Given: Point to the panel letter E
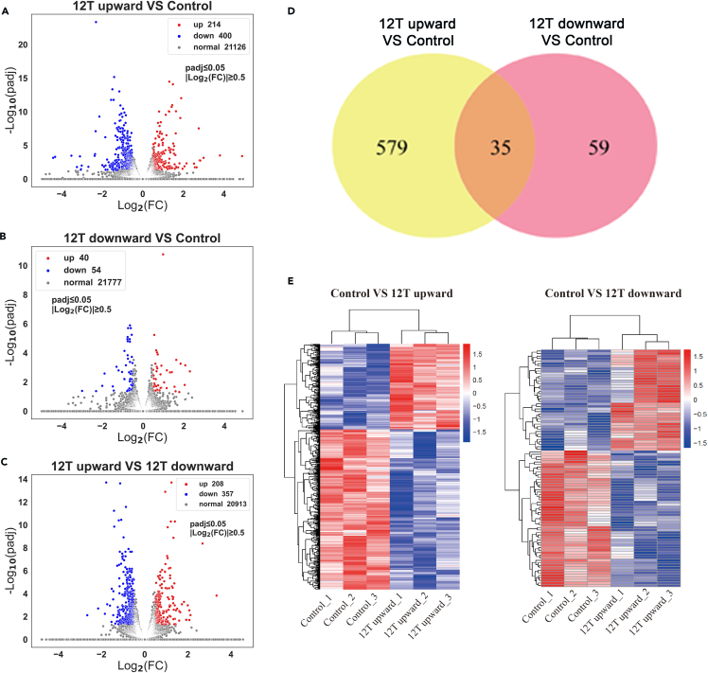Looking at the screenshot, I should point(292,281).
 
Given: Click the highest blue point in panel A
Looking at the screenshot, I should point(96,22).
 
